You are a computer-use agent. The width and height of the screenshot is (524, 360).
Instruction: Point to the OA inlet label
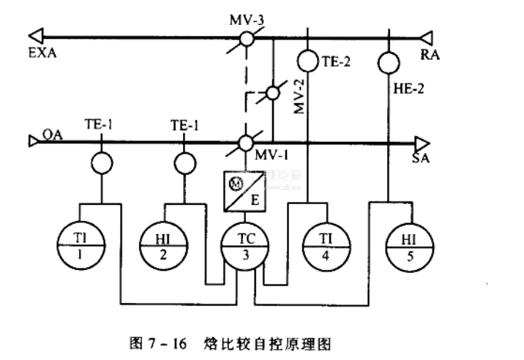pos(52,134)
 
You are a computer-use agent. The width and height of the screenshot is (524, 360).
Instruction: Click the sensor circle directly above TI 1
pos(102,162)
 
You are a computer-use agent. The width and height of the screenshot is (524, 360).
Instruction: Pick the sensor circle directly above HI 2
pos(184,162)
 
